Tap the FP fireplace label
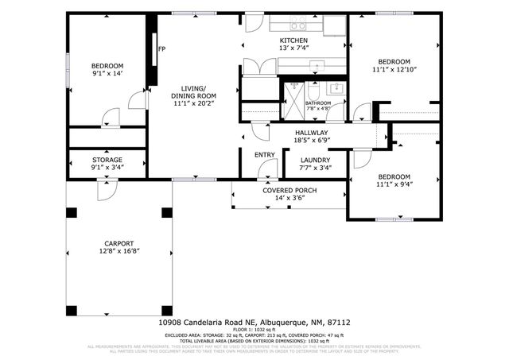(x=161, y=50)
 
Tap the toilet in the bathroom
(x=317, y=88)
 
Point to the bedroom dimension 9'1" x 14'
(x=107, y=73)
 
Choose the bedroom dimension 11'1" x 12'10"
(x=394, y=70)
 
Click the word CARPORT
(x=119, y=243)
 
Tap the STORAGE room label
(x=107, y=159)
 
